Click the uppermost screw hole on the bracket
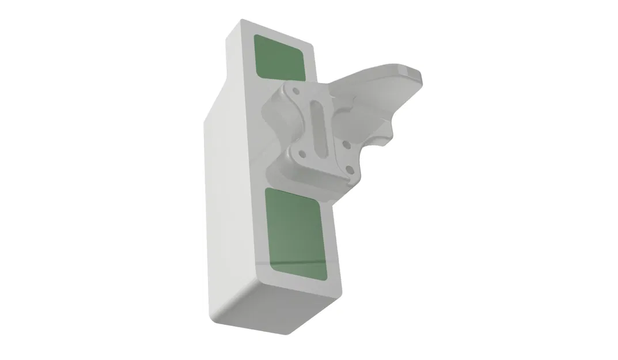click(x=295, y=91)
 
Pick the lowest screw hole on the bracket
click(x=350, y=169)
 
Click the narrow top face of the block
click(x=276, y=32)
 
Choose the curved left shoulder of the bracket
click(x=274, y=112)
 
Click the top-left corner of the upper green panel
click(x=257, y=37)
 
